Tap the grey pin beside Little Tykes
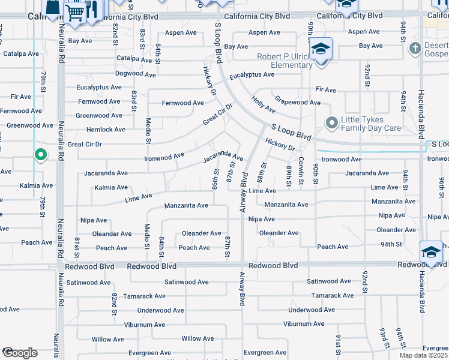point(331,123)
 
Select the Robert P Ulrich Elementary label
point(283,61)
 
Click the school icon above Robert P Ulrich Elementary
point(321,48)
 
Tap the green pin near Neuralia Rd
point(40,155)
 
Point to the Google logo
point(19,353)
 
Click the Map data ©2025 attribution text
point(423,355)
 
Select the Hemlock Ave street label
point(106,130)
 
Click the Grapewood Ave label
point(297,103)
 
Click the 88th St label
point(262,173)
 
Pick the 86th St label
point(215,176)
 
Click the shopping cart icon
point(75,12)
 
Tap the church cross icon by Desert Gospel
point(414,47)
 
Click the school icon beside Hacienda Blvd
point(431,252)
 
